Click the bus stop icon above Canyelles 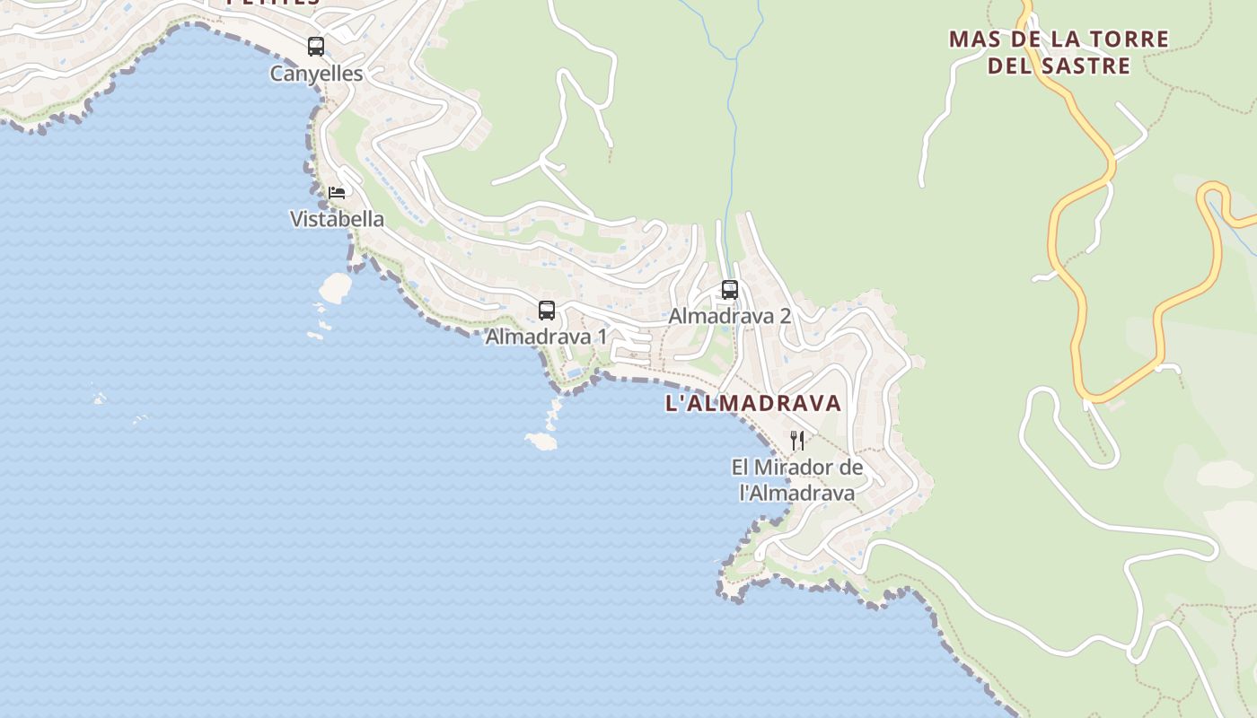click(316, 47)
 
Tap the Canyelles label click(316, 74)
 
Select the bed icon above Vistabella click(337, 192)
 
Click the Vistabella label click(337, 219)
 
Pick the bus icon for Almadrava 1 click(547, 311)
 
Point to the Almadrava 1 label click(546, 337)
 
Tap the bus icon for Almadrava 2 click(730, 290)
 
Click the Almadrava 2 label click(729, 316)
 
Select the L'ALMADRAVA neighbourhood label click(753, 404)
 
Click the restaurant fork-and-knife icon click(797, 441)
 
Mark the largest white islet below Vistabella click(336, 287)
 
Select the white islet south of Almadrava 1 click(541, 441)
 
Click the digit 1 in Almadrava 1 click(602, 337)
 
